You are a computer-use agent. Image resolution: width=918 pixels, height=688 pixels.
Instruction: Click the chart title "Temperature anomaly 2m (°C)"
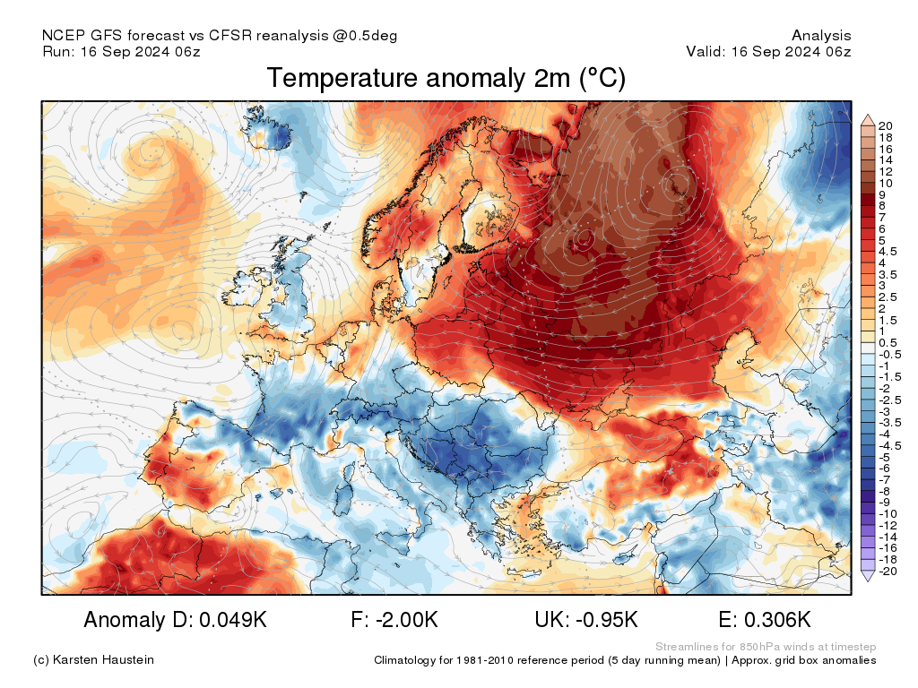pos(446,79)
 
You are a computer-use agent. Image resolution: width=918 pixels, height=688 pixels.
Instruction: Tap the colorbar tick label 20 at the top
pos(887,125)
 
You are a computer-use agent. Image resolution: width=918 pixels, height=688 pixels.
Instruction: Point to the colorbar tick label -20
pos(888,572)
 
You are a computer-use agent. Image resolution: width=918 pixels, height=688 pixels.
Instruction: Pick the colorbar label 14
pos(887,159)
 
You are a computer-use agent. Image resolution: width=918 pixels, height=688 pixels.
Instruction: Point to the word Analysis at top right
pos(821,36)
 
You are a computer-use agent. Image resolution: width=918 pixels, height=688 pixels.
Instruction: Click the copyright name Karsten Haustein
pos(105,660)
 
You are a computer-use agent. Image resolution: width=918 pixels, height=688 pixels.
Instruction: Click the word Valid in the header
pos(705,52)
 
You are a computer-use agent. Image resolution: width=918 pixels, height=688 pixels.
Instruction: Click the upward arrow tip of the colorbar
pos(868,116)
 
